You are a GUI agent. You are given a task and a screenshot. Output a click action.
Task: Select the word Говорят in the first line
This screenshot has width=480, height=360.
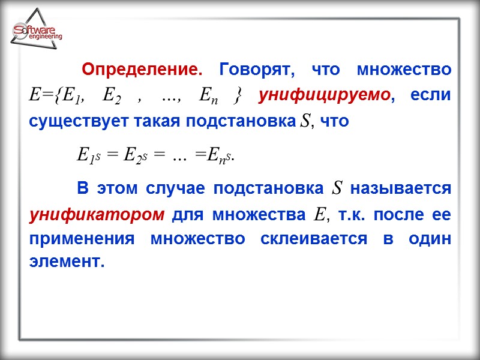coord(257,70)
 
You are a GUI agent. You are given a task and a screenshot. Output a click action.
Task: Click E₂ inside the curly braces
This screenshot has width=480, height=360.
coord(112,95)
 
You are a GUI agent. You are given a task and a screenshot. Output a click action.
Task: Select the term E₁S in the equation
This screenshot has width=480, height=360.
coord(89,155)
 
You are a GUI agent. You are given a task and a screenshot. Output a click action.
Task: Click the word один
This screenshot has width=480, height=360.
coord(430,238)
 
